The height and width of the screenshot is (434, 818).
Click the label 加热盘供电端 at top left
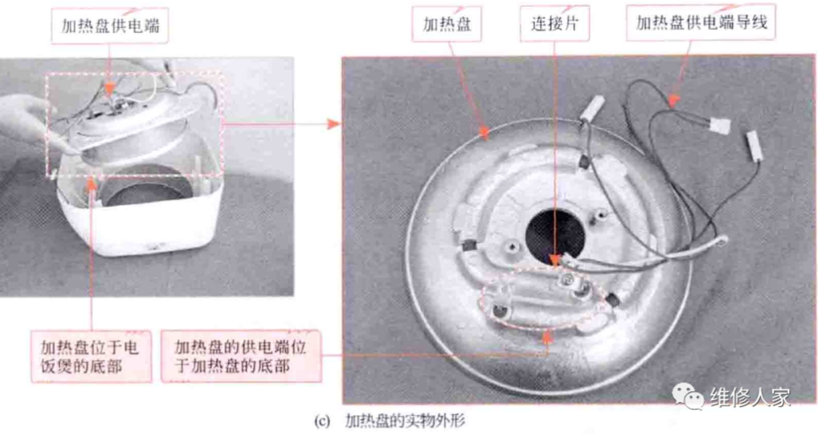pos(110,26)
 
